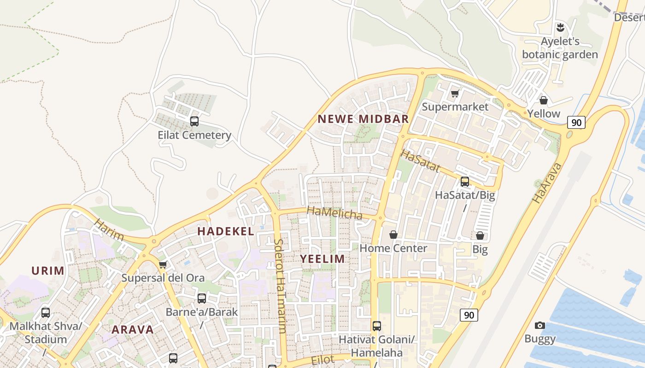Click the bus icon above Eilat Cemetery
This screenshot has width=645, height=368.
[194, 121]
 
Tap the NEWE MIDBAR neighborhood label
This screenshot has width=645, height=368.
[363, 119]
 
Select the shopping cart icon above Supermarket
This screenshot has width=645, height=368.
[455, 94]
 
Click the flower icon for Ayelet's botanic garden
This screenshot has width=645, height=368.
[560, 27]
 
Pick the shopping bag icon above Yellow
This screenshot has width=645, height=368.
[544, 100]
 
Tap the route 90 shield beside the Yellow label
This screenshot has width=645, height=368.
[576, 122]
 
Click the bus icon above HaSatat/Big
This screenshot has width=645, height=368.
[465, 182]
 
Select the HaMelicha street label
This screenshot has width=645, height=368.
[334, 213]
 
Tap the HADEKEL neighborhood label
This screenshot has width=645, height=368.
[226, 231]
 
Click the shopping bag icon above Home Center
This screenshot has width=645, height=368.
[393, 235]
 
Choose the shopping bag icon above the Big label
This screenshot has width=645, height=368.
[480, 236]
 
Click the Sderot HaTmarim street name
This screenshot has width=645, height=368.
[280, 285]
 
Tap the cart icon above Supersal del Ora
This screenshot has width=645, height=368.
[163, 265]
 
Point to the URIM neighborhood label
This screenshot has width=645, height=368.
[48, 270]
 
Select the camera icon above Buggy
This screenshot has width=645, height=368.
[540, 326]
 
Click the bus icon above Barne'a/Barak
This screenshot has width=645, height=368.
[202, 299]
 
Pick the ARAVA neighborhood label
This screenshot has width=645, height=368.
[133, 329]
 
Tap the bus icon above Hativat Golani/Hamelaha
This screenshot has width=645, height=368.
[377, 326]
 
